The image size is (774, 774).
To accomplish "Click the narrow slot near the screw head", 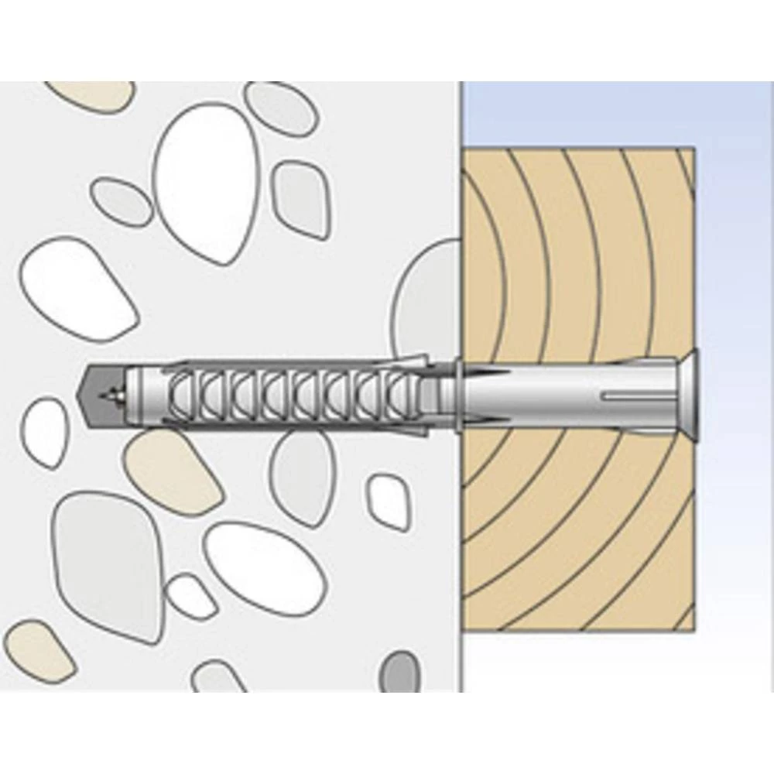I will coord(635,398).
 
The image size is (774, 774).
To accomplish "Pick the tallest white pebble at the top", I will coord(207,182).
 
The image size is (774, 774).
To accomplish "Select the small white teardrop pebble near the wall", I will coord(389,502).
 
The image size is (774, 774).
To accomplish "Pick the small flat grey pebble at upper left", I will coord(122,203).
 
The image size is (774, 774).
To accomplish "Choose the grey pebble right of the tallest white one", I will coord(301,198).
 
